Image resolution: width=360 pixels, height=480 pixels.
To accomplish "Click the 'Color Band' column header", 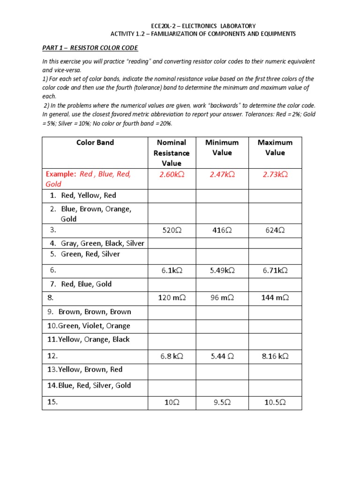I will point(95,142).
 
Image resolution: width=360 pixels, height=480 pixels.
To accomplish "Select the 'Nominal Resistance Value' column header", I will point(172,153).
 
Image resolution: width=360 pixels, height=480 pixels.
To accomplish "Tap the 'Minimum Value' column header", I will point(222,147).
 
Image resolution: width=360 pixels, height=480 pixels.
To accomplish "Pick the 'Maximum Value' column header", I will point(275,147).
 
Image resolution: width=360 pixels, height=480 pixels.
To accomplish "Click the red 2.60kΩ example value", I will point(172,174).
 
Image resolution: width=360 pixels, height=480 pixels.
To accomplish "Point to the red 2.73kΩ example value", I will point(275,174).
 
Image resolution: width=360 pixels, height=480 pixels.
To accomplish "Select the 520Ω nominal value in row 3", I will point(172,230).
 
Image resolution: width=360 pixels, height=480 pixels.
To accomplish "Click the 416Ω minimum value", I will point(222,230).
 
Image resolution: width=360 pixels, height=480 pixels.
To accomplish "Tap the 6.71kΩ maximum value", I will point(275,270).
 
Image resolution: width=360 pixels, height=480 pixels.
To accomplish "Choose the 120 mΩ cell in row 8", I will point(172,298).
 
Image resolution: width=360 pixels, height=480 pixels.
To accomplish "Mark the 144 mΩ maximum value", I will point(275,298).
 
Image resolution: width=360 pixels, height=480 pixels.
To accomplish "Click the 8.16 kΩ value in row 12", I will point(275,356).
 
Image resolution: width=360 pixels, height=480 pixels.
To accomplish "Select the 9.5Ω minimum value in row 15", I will point(222,402).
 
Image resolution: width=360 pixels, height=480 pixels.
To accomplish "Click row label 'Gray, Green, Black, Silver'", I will point(102,243).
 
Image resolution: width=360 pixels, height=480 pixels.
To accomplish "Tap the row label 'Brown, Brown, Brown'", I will point(95,312).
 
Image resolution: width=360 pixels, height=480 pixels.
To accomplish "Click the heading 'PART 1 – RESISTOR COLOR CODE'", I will point(90,48).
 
